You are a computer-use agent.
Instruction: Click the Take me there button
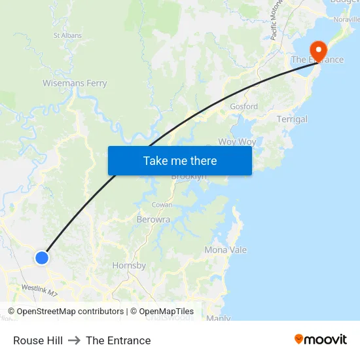180,161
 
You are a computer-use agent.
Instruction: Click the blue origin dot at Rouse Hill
42,258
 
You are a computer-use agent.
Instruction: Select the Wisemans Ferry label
75,83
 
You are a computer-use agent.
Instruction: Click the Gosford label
243,106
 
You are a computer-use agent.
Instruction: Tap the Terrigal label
292,119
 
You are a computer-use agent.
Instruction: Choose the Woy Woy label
237,141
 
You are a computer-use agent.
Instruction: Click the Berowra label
154,220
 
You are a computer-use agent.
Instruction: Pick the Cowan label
162,205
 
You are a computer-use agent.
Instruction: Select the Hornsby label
129,266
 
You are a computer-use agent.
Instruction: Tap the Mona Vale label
226,250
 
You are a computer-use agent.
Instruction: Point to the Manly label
218,318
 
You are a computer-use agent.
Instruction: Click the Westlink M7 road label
39,289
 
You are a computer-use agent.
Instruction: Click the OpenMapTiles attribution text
162,312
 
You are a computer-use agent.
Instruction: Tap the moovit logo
321,340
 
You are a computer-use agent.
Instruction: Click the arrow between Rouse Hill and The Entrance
74,340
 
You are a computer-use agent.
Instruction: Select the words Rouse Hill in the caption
38,340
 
